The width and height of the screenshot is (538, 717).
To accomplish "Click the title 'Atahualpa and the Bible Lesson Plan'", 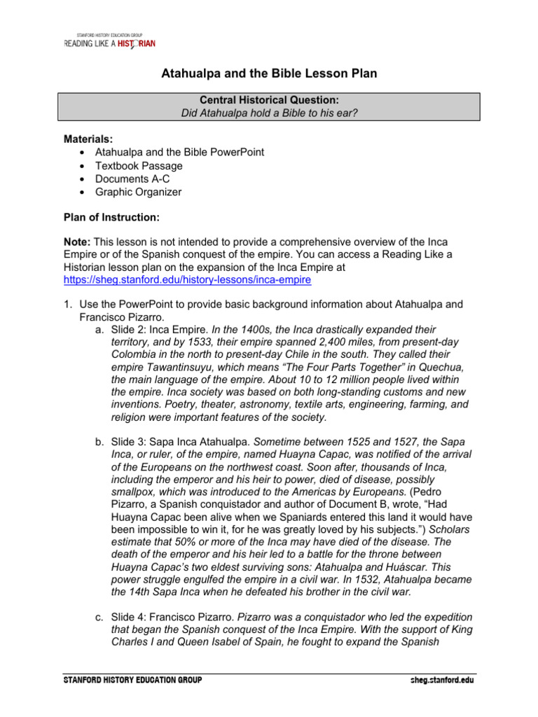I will [x=270, y=74].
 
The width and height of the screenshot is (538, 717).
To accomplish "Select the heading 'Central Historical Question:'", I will [x=270, y=101].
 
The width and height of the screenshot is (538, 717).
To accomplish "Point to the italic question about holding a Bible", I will [x=270, y=113].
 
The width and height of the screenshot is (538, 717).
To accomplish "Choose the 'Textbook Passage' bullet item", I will [x=139, y=166].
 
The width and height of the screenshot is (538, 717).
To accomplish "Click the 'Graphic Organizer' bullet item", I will [x=138, y=192].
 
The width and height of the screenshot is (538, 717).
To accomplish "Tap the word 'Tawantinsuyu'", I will [x=181, y=367].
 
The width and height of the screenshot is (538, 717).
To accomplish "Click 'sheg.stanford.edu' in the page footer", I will [x=441, y=681].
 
